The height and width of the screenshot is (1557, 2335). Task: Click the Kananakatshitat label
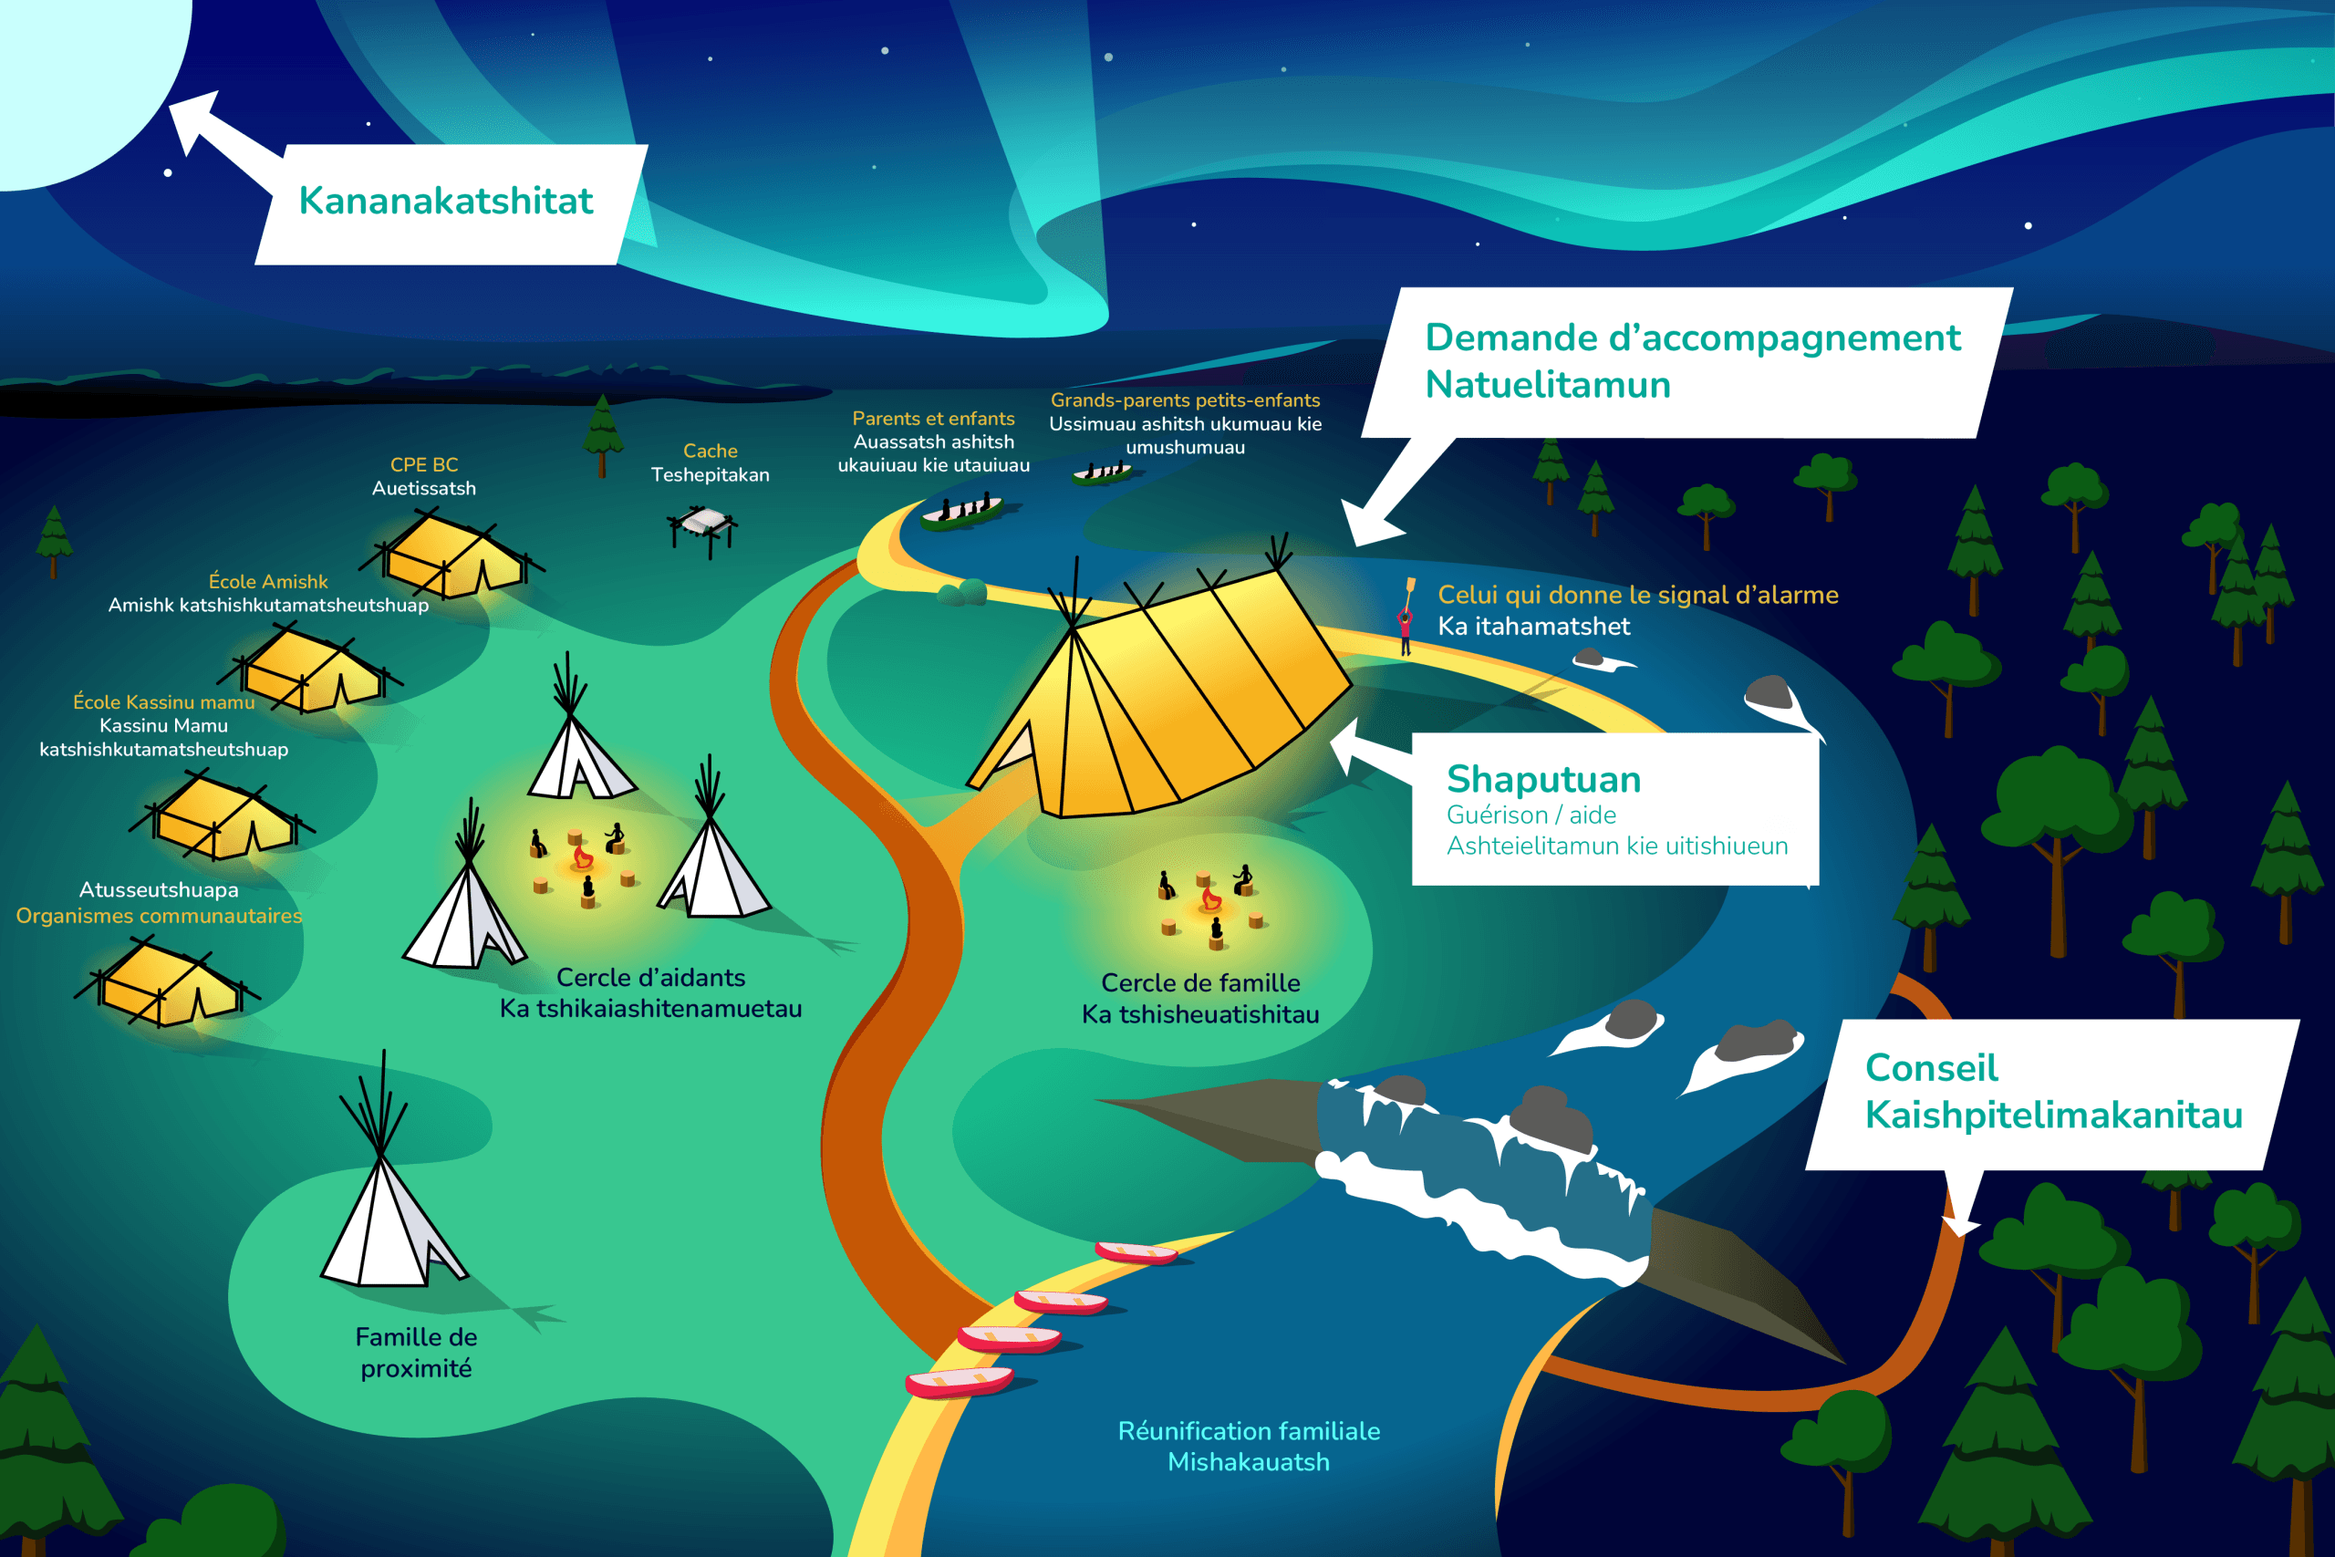446,201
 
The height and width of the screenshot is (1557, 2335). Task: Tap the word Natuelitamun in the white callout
1548,385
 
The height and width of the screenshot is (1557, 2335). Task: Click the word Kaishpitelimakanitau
2053,1116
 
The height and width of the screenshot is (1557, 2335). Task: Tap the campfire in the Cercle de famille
1211,899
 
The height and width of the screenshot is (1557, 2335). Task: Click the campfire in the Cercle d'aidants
583,857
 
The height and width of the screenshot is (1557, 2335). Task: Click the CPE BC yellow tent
451,558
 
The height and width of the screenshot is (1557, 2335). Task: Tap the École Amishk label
268,582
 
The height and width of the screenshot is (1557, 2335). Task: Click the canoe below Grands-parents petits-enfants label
1102,473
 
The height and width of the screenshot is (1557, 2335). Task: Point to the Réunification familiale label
1248,1431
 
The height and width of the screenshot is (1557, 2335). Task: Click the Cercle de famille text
1200,983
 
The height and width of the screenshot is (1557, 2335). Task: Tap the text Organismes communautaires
159,916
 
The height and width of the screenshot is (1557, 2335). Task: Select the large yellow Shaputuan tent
1161,695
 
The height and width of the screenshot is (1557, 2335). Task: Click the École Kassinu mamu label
164,702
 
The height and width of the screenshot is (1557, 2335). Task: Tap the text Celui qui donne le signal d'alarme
1638,595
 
